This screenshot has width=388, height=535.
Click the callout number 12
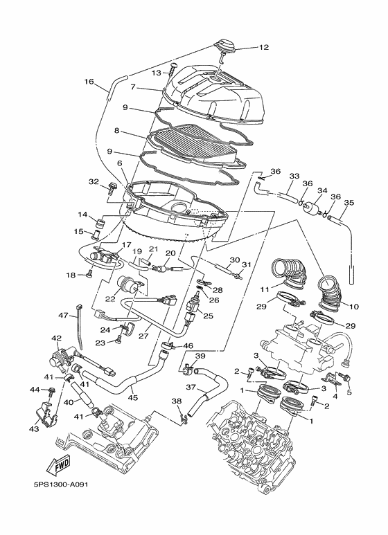(263, 48)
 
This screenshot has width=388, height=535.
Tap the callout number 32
(94, 181)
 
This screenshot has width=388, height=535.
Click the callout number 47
(62, 315)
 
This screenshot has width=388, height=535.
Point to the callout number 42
(57, 338)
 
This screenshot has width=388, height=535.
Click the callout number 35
(349, 203)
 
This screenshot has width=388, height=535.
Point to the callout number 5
(349, 392)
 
